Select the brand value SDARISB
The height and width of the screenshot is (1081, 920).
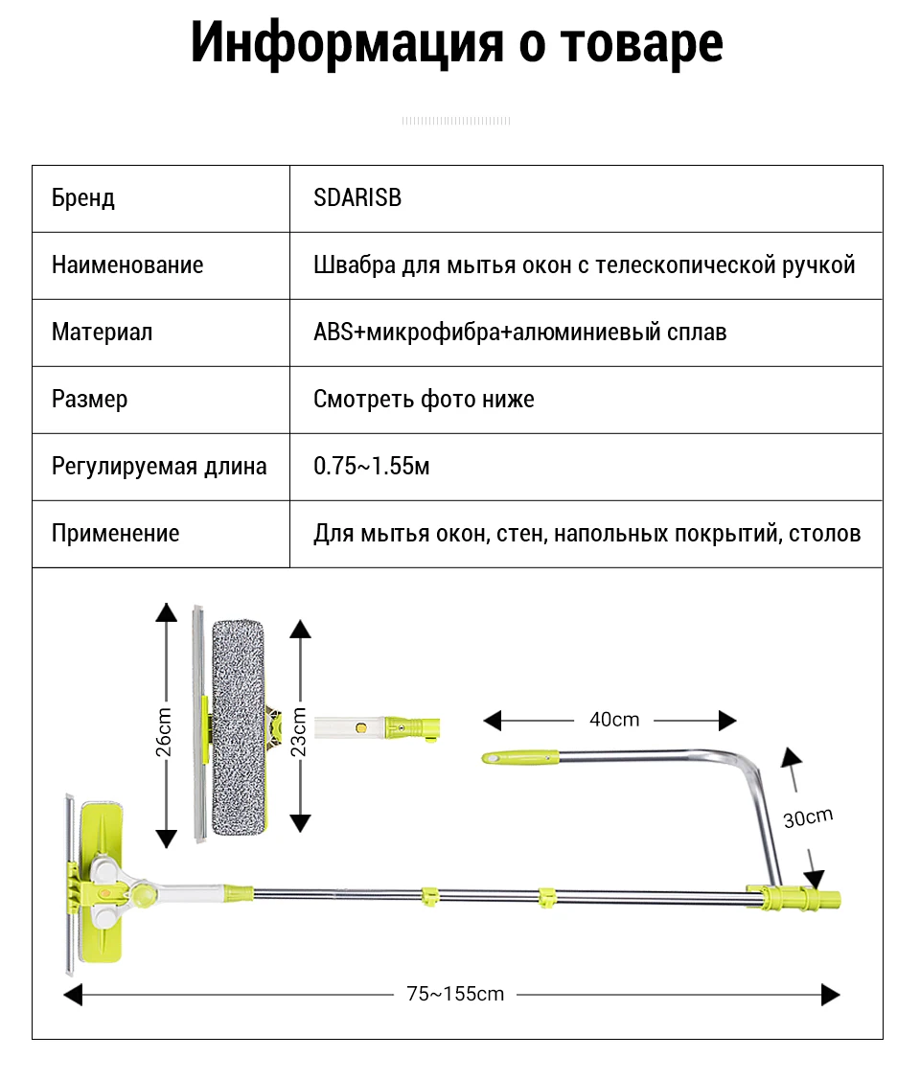click(x=357, y=198)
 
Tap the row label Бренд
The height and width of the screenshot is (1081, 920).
click(x=83, y=198)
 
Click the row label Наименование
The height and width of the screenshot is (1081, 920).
click(x=127, y=265)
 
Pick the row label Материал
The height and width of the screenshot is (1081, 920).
click(x=102, y=333)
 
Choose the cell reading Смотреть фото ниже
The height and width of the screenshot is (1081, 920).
click(x=424, y=400)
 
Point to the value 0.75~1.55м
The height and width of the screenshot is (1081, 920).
click(x=372, y=467)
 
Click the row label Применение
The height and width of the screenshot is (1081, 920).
click(x=115, y=534)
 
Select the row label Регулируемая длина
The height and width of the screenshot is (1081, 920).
click(x=159, y=467)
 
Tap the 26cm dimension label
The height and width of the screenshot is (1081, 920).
click(x=165, y=731)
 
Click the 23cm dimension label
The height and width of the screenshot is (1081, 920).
click(x=299, y=731)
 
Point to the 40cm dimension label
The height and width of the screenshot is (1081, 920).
click(x=613, y=720)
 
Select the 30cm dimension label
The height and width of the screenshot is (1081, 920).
click(x=807, y=817)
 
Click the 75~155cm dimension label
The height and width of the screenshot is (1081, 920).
click(x=455, y=994)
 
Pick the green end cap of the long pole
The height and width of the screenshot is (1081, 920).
click(x=826, y=900)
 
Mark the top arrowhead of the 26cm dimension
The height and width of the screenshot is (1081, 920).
click(x=167, y=613)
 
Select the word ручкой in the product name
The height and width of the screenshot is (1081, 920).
click(x=821, y=265)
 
